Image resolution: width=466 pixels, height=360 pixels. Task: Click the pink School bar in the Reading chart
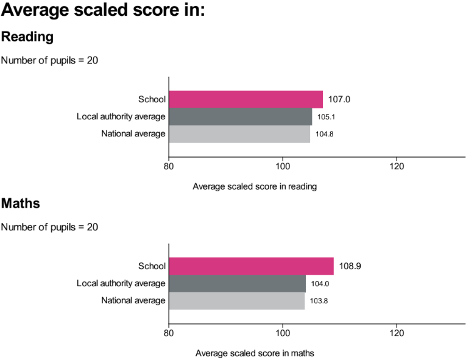tap(245, 99)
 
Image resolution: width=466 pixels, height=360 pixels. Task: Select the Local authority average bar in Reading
tap(240, 116)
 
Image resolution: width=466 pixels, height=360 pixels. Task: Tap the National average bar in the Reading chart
tap(239, 134)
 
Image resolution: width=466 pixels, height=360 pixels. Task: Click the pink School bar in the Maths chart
tap(251, 266)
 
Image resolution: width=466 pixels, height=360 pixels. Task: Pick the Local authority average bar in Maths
tap(237, 283)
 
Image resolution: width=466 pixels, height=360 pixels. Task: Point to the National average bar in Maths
tap(236, 301)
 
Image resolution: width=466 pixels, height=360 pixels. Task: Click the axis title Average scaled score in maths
tap(255, 353)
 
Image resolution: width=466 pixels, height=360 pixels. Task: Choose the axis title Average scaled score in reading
tap(255, 186)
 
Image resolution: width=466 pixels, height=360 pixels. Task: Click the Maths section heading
tap(21, 203)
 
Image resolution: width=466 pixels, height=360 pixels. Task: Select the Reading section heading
tap(27, 37)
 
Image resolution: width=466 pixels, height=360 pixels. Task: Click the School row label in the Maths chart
tap(152, 266)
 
